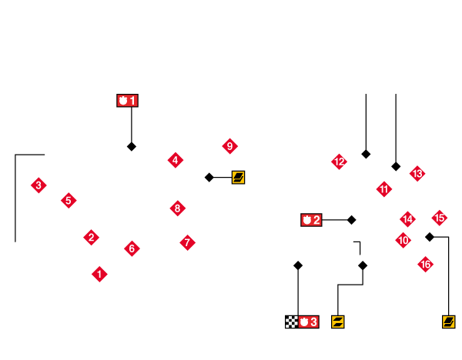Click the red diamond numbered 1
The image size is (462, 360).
coord(99,274)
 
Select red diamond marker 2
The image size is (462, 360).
coord(91,237)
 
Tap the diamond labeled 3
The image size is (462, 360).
coord(38,185)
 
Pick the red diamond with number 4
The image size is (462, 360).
coord(176,160)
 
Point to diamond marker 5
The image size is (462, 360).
coord(69,200)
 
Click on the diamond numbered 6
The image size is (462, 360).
coord(132,248)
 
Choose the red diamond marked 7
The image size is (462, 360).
coord(187,242)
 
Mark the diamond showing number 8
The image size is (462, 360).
coord(178,208)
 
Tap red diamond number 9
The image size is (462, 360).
coord(229,145)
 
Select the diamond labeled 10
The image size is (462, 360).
coord(403,240)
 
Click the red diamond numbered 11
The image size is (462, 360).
coord(384,188)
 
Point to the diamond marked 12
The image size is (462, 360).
coord(339,161)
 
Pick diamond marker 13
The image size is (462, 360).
coord(417,173)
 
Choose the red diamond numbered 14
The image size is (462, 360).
coord(407,219)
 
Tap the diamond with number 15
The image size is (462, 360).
coord(440,218)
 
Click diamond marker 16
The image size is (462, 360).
coord(425,264)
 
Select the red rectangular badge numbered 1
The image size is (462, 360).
coord(127,101)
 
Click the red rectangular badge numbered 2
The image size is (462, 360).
coord(311,220)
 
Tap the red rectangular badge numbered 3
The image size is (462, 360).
coord(308,322)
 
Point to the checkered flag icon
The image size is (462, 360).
coord(291,322)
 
